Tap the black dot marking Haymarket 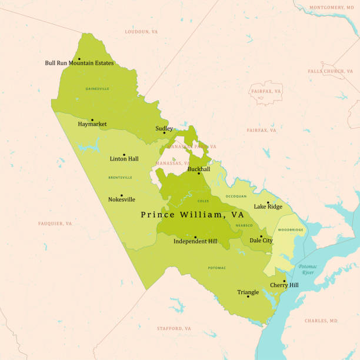tap(92, 119)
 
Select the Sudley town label tap(164, 128)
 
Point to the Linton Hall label tap(124, 159)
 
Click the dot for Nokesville tap(122, 195)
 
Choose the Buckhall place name tap(199, 169)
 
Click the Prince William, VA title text tap(192, 215)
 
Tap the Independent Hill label tap(195, 241)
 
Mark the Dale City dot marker tap(261, 236)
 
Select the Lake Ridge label tap(268, 206)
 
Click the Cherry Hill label tap(284, 285)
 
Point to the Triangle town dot tap(248, 296)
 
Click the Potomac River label tap(307, 269)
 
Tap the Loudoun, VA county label tap(141, 31)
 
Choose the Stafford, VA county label tap(174, 328)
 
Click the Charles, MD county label tap(321, 321)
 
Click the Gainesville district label tap(97, 89)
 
